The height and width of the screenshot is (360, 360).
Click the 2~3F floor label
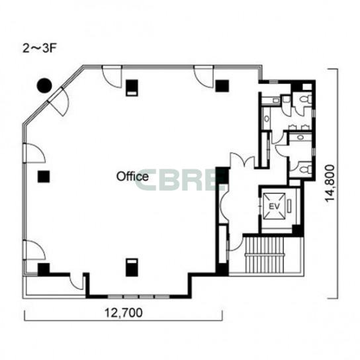[39, 48]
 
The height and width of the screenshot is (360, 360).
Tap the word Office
[132, 177]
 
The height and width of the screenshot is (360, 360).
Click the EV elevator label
[274, 206]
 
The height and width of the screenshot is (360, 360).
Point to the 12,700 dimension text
[124, 312]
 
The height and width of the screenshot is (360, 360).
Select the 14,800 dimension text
[330, 183]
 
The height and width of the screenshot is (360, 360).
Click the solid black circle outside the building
[44, 85]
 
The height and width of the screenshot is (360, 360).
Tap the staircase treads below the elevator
[265, 255]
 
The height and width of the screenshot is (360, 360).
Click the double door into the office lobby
[242, 159]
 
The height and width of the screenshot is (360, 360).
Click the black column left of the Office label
[44, 177]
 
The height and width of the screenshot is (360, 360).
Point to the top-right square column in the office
[222, 85]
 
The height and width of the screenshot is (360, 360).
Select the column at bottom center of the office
[132, 267]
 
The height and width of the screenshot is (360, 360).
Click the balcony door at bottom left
[77, 282]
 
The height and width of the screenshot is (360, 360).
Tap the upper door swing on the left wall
[34, 153]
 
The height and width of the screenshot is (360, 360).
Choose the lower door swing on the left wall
[34, 250]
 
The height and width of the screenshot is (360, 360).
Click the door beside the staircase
[235, 242]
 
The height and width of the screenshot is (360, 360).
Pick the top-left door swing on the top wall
[112, 77]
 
